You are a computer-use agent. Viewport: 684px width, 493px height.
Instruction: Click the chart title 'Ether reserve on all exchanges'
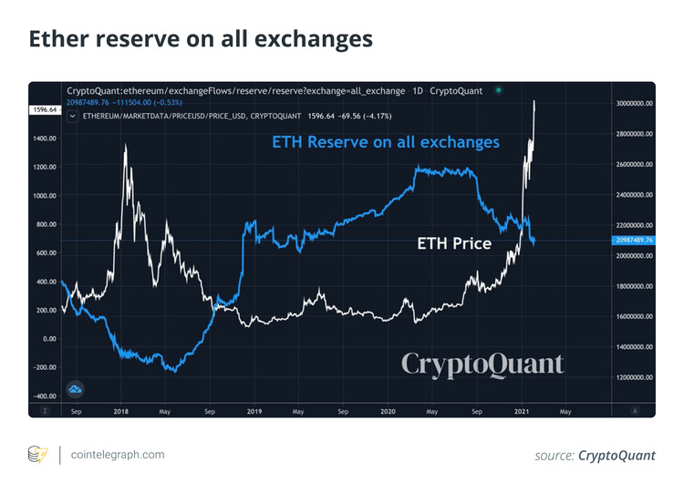coord(200,39)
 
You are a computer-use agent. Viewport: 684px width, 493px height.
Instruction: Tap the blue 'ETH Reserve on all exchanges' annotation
coord(386,142)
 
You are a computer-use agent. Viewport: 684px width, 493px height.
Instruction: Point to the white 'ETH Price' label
coord(454,243)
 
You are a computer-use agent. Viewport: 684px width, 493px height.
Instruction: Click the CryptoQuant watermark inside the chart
coord(482,365)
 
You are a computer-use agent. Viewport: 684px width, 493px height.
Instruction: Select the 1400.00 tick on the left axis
coord(45,139)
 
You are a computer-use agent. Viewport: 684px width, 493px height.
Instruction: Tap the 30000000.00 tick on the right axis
coord(634,104)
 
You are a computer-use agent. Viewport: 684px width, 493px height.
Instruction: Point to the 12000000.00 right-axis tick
coord(634,377)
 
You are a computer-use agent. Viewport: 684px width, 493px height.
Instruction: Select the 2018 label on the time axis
coord(121,412)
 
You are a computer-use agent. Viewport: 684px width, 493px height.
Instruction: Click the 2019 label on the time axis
coord(254,412)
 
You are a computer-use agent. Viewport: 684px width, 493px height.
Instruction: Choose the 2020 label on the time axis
coord(387,412)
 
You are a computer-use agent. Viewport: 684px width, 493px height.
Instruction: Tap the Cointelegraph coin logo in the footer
coord(37,455)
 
